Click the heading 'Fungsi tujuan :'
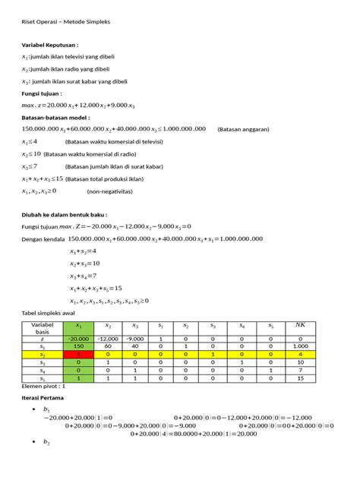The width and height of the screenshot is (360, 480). [x=46, y=93]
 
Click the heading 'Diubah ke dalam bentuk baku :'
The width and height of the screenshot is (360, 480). [x=69, y=215]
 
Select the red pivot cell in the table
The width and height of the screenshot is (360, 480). [x=77, y=353]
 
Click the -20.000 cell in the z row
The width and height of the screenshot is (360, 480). [x=77, y=338]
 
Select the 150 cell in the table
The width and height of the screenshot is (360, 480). [x=77, y=346]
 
